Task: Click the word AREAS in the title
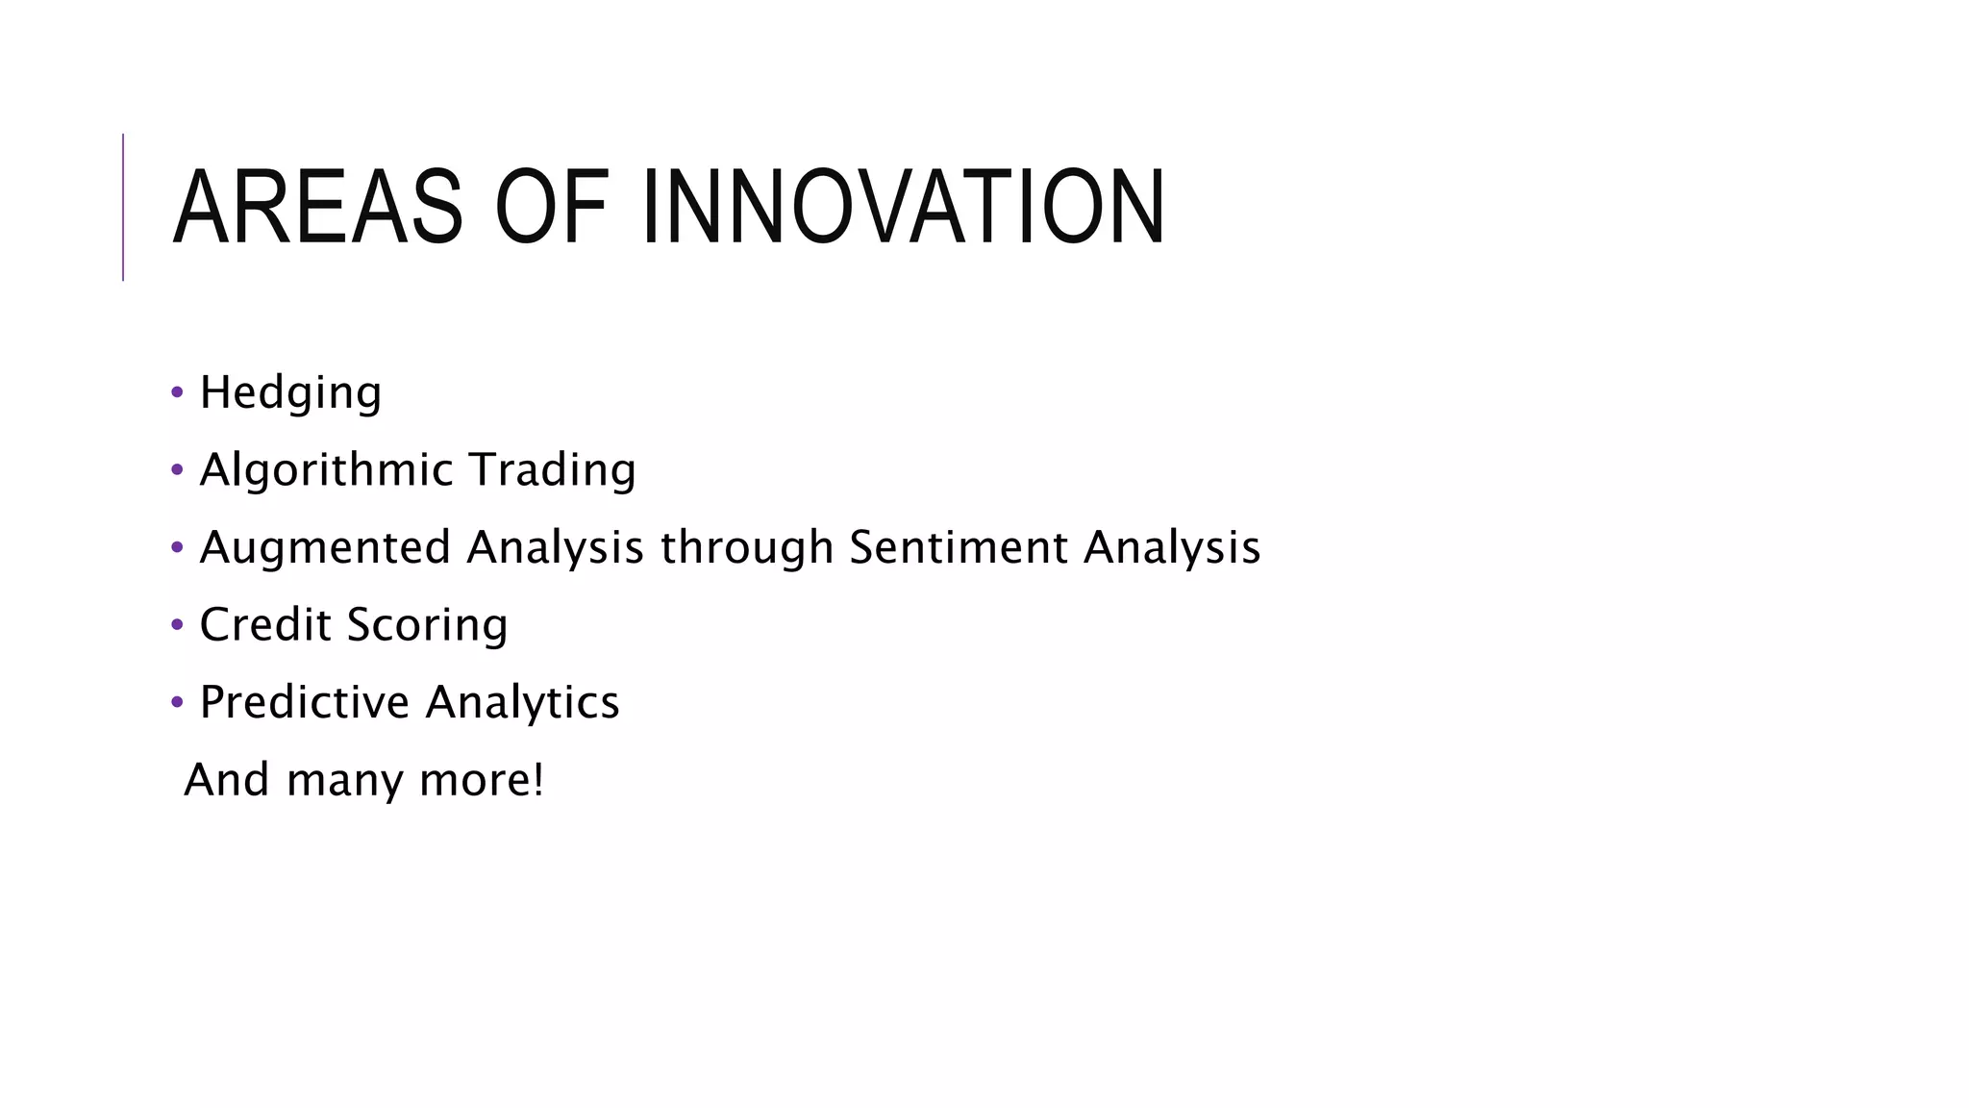coord(317,208)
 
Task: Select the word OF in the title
coord(552,208)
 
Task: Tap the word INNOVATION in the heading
coord(904,208)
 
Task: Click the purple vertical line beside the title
coord(123,207)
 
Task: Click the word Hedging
coord(290,393)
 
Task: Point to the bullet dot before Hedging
coord(176,392)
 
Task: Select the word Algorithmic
coord(326,470)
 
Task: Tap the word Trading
coord(552,470)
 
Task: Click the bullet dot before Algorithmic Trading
coord(176,470)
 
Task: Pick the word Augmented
coord(325,548)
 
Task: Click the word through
coord(746,548)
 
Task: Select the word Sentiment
coord(959,547)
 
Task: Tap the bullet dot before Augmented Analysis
coord(176,548)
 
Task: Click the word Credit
coord(265,625)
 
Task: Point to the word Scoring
coord(427,626)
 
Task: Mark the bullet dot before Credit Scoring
coord(176,625)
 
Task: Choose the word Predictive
coord(305,702)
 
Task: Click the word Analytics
coord(522,703)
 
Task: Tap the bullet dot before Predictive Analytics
coord(176,702)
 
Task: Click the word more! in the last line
coord(482,780)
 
